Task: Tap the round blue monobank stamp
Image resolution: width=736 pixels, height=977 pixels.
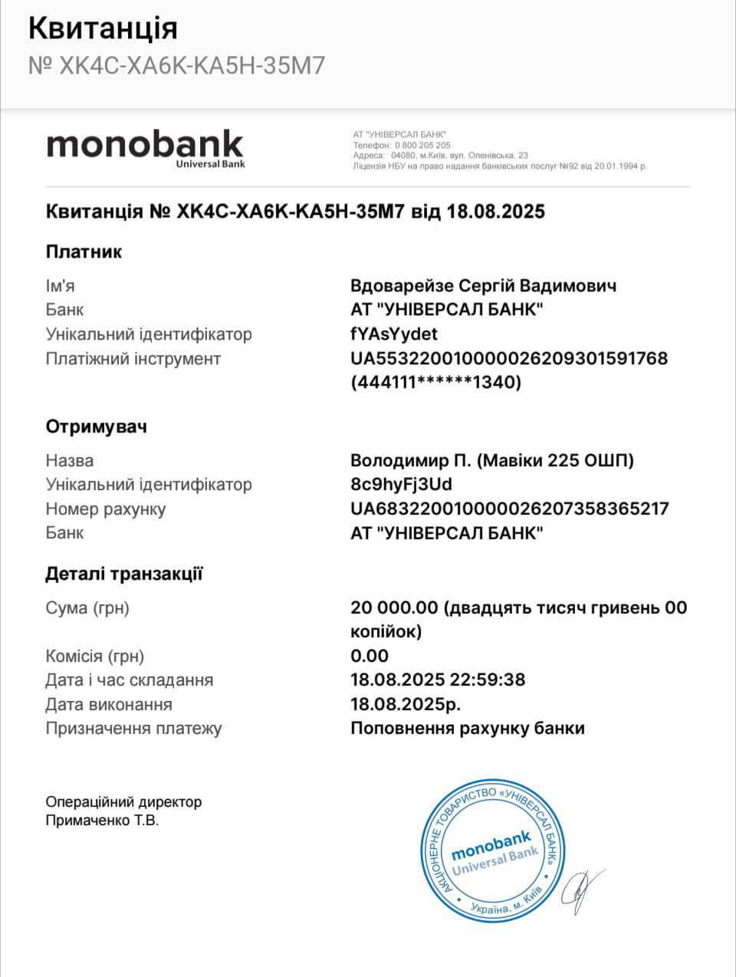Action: point(491,852)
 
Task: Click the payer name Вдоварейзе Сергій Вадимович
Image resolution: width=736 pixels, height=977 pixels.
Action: point(483,286)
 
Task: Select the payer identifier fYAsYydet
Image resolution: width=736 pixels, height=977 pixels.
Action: point(394,334)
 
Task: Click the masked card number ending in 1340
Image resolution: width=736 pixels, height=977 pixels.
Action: point(435,383)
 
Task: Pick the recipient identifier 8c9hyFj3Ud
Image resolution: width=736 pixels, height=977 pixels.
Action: point(401,485)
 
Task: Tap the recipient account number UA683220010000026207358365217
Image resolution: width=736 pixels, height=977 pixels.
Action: point(509,508)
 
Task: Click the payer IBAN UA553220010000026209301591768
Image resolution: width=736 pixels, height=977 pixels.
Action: point(509,358)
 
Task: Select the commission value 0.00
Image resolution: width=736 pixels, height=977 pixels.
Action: point(370,656)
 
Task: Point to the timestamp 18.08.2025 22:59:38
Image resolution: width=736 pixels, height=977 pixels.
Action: point(438,680)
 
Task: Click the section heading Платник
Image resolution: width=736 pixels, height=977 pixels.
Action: point(84,252)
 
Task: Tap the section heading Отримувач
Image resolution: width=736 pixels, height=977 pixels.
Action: point(96,426)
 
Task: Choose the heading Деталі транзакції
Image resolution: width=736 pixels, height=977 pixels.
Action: point(124,574)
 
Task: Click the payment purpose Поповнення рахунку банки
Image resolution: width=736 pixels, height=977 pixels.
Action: point(468,729)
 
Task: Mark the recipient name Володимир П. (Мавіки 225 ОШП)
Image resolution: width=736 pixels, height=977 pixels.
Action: point(492,461)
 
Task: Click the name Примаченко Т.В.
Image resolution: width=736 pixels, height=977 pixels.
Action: point(103,821)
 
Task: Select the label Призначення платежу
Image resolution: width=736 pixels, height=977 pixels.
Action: point(133,729)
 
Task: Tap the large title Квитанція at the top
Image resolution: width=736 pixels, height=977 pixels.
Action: point(103,28)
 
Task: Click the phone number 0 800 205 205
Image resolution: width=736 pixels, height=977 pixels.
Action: point(423,145)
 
